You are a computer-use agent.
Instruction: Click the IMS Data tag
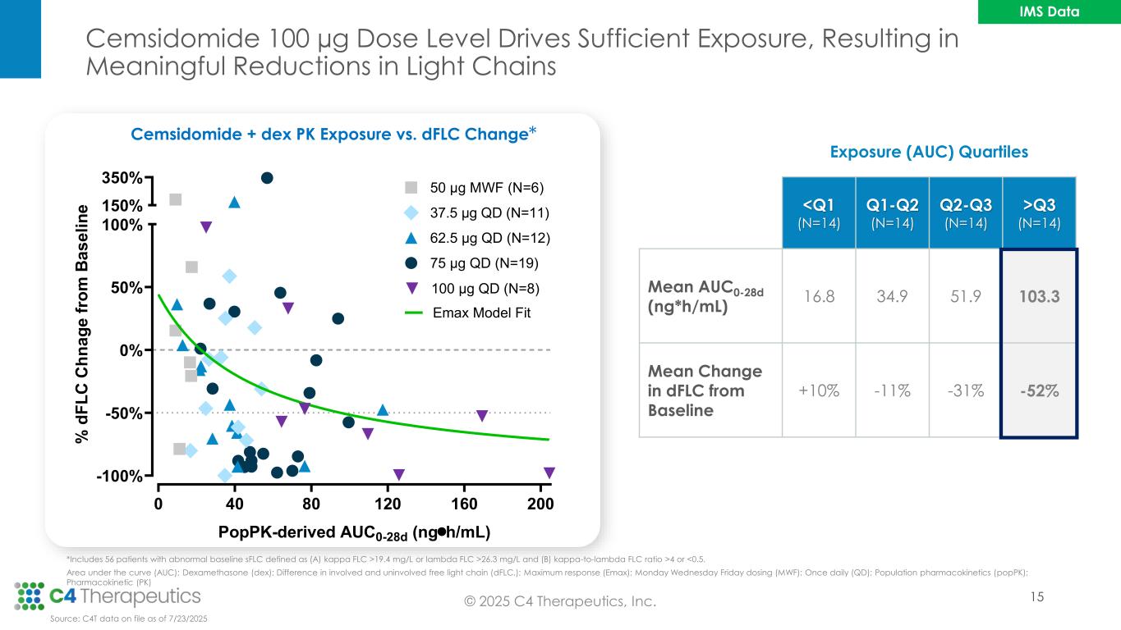pyautogui.click(x=1045, y=11)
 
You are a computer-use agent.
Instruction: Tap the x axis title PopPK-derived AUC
pyautogui.click(x=354, y=532)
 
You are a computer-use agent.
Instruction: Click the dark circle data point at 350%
pyautogui.click(x=267, y=178)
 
